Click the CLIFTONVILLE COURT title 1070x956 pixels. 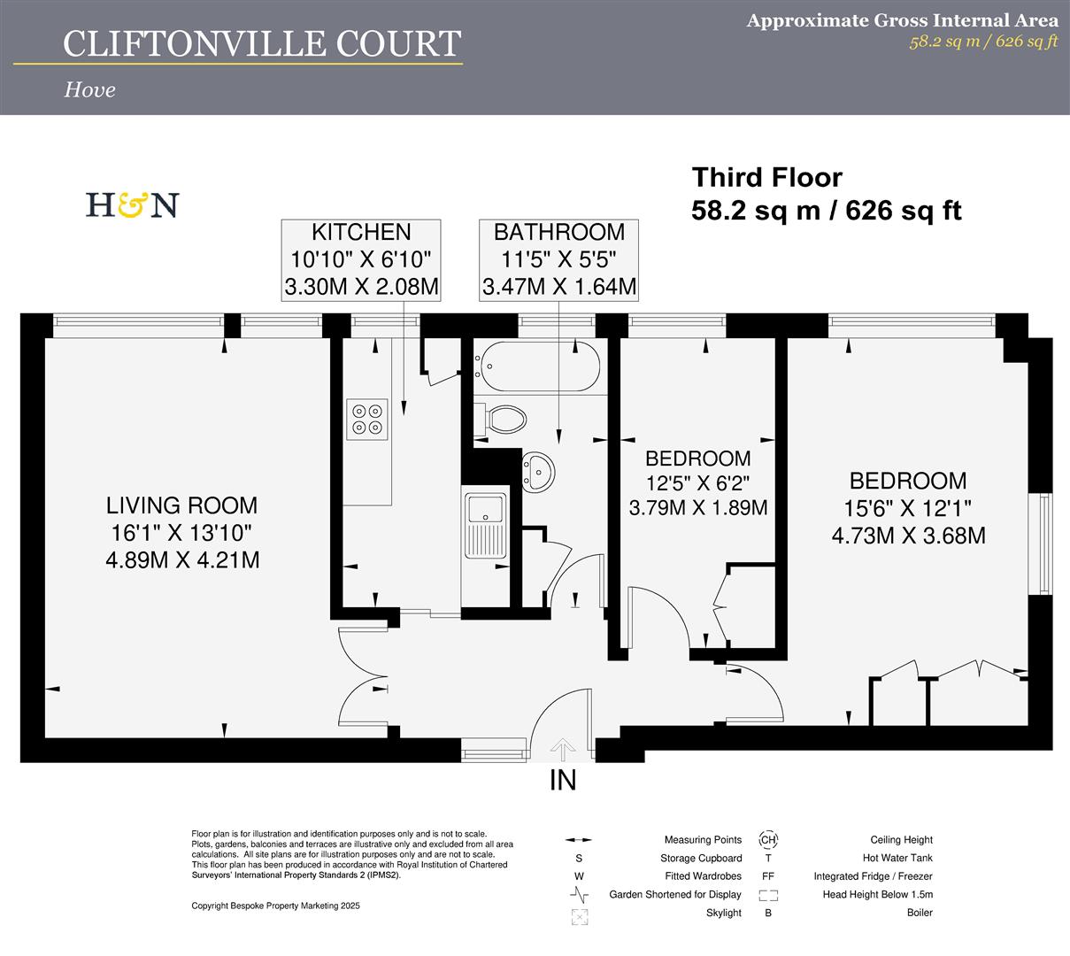(x=262, y=43)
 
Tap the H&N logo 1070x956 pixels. (x=132, y=205)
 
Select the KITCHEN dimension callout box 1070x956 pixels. (x=360, y=260)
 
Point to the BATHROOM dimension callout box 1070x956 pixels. (x=558, y=260)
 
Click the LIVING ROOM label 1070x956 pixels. (x=182, y=505)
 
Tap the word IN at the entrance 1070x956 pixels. (x=563, y=781)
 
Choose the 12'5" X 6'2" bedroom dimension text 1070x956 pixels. (x=697, y=483)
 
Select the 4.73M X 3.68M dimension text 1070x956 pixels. (x=908, y=536)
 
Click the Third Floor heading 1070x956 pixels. (x=766, y=178)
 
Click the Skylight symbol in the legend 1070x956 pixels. (x=580, y=916)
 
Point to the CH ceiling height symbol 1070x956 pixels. (x=767, y=840)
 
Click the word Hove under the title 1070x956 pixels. (x=89, y=89)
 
